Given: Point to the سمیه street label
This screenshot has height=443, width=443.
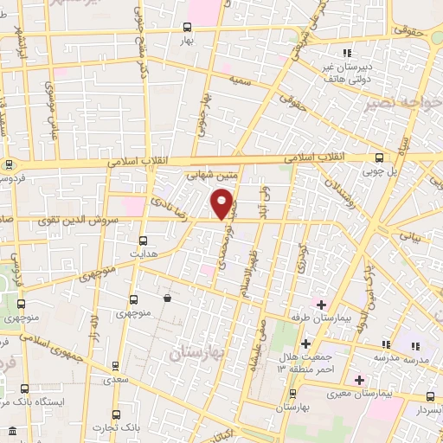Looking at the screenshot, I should pyautogui.click(x=239, y=79).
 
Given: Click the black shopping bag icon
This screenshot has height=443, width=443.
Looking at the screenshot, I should pyautogui.click(x=167, y=299).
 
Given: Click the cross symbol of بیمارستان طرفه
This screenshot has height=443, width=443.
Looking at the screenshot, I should pyautogui.click(x=320, y=305).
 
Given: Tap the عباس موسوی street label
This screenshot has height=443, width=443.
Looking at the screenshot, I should pyautogui.click(x=53, y=104).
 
